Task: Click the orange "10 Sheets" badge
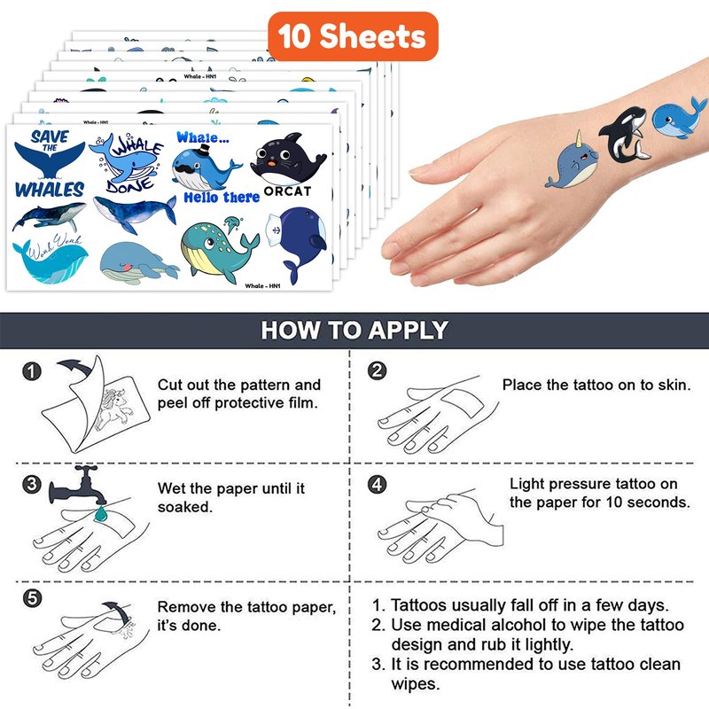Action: pos(353,36)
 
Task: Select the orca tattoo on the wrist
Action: pos(624,135)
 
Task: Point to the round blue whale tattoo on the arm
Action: pos(678,118)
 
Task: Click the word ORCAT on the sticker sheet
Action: pos(287,191)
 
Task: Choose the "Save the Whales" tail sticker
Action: pos(50,164)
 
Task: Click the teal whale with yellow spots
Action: pos(219,248)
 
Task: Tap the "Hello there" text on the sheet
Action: pos(222,198)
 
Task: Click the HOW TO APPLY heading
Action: pos(354,330)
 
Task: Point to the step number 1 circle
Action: pos(32,371)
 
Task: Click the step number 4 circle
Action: pos(378,484)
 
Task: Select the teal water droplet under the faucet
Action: pos(100,514)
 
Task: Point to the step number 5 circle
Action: pos(32,599)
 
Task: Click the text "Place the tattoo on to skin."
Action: pos(596,385)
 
